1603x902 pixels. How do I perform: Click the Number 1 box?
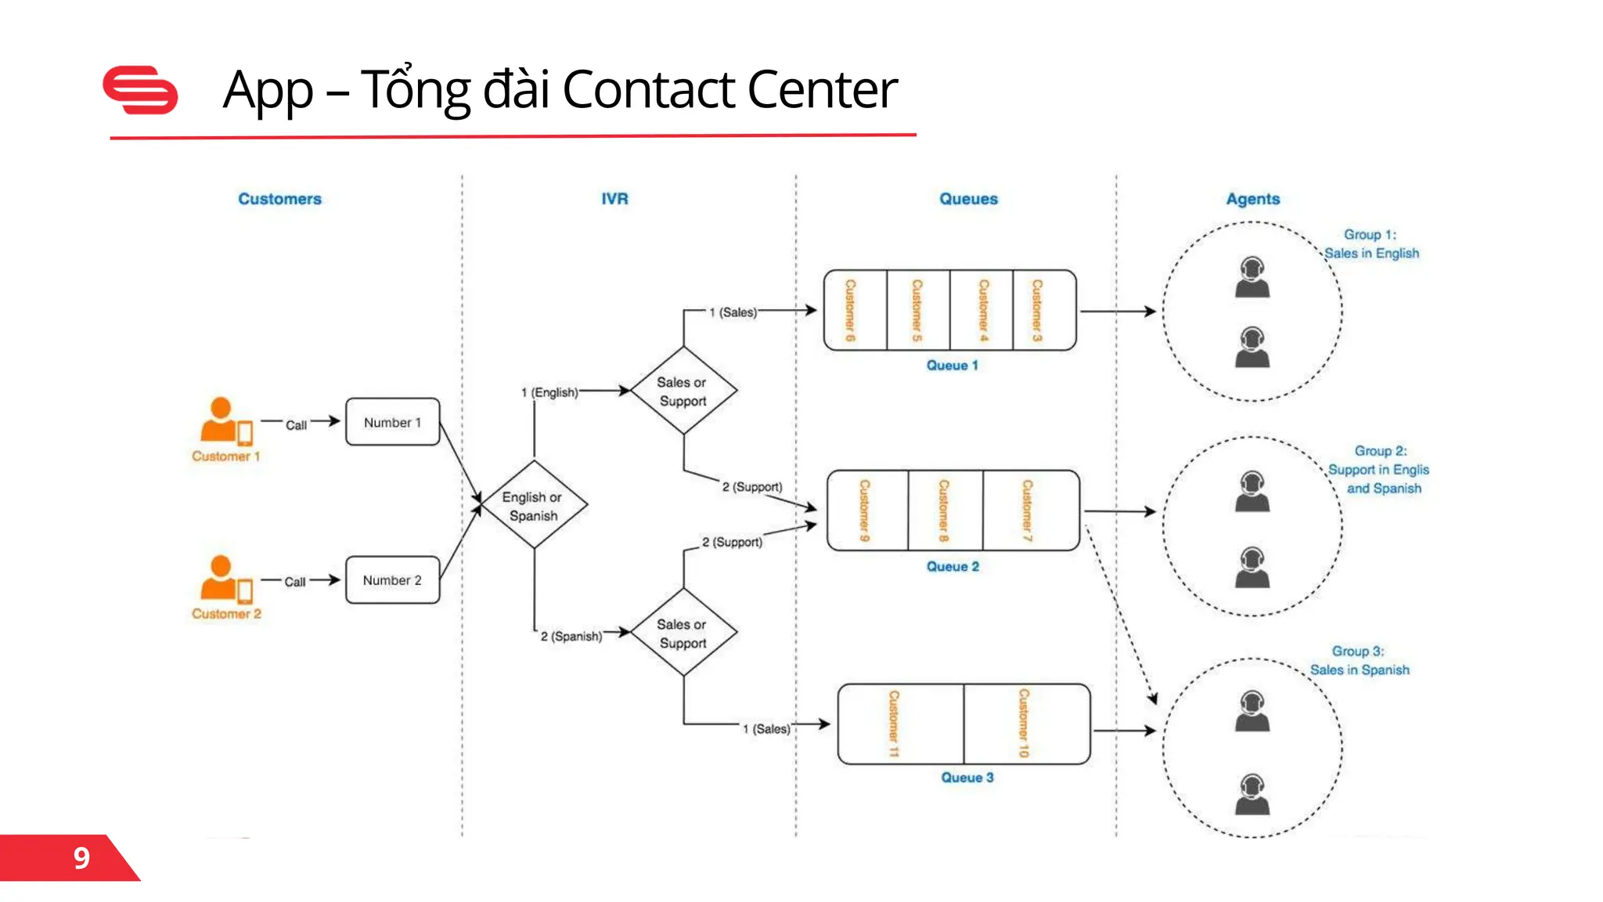pyautogui.click(x=392, y=422)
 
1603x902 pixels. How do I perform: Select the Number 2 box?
pyautogui.click(x=392, y=580)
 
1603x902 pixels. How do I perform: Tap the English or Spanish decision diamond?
pyautogui.click(x=534, y=505)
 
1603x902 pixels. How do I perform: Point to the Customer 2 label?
pyautogui.click(x=226, y=614)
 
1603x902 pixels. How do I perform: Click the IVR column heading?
pyautogui.click(x=614, y=199)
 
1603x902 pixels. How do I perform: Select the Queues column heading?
pyautogui.click(x=968, y=199)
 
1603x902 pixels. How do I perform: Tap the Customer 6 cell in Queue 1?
pyautogui.click(x=854, y=310)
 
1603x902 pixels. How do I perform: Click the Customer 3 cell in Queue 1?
pyautogui.click(x=1042, y=310)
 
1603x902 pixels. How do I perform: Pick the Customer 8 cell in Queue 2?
pyautogui.click(x=945, y=511)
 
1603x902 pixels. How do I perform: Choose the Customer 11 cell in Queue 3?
pyautogui.click(x=899, y=723)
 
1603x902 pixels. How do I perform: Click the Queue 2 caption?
pyautogui.click(x=953, y=566)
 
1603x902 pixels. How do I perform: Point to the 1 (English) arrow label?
pyautogui.click(x=549, y=392)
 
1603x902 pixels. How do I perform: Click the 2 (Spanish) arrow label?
pyautogui.click(x=571, y=637)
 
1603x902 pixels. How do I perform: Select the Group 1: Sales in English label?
pyautogui.click(x=1371, y=244)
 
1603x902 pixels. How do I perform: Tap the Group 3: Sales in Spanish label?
pyautogui.click(x=1360, y=661)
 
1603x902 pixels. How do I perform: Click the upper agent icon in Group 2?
pyautogui.click(x=1252, y=492)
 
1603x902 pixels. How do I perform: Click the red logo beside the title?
pyautogui.click(x=141, y=90)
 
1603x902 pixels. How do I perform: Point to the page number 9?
pyautogui.click(x=81, y=858)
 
